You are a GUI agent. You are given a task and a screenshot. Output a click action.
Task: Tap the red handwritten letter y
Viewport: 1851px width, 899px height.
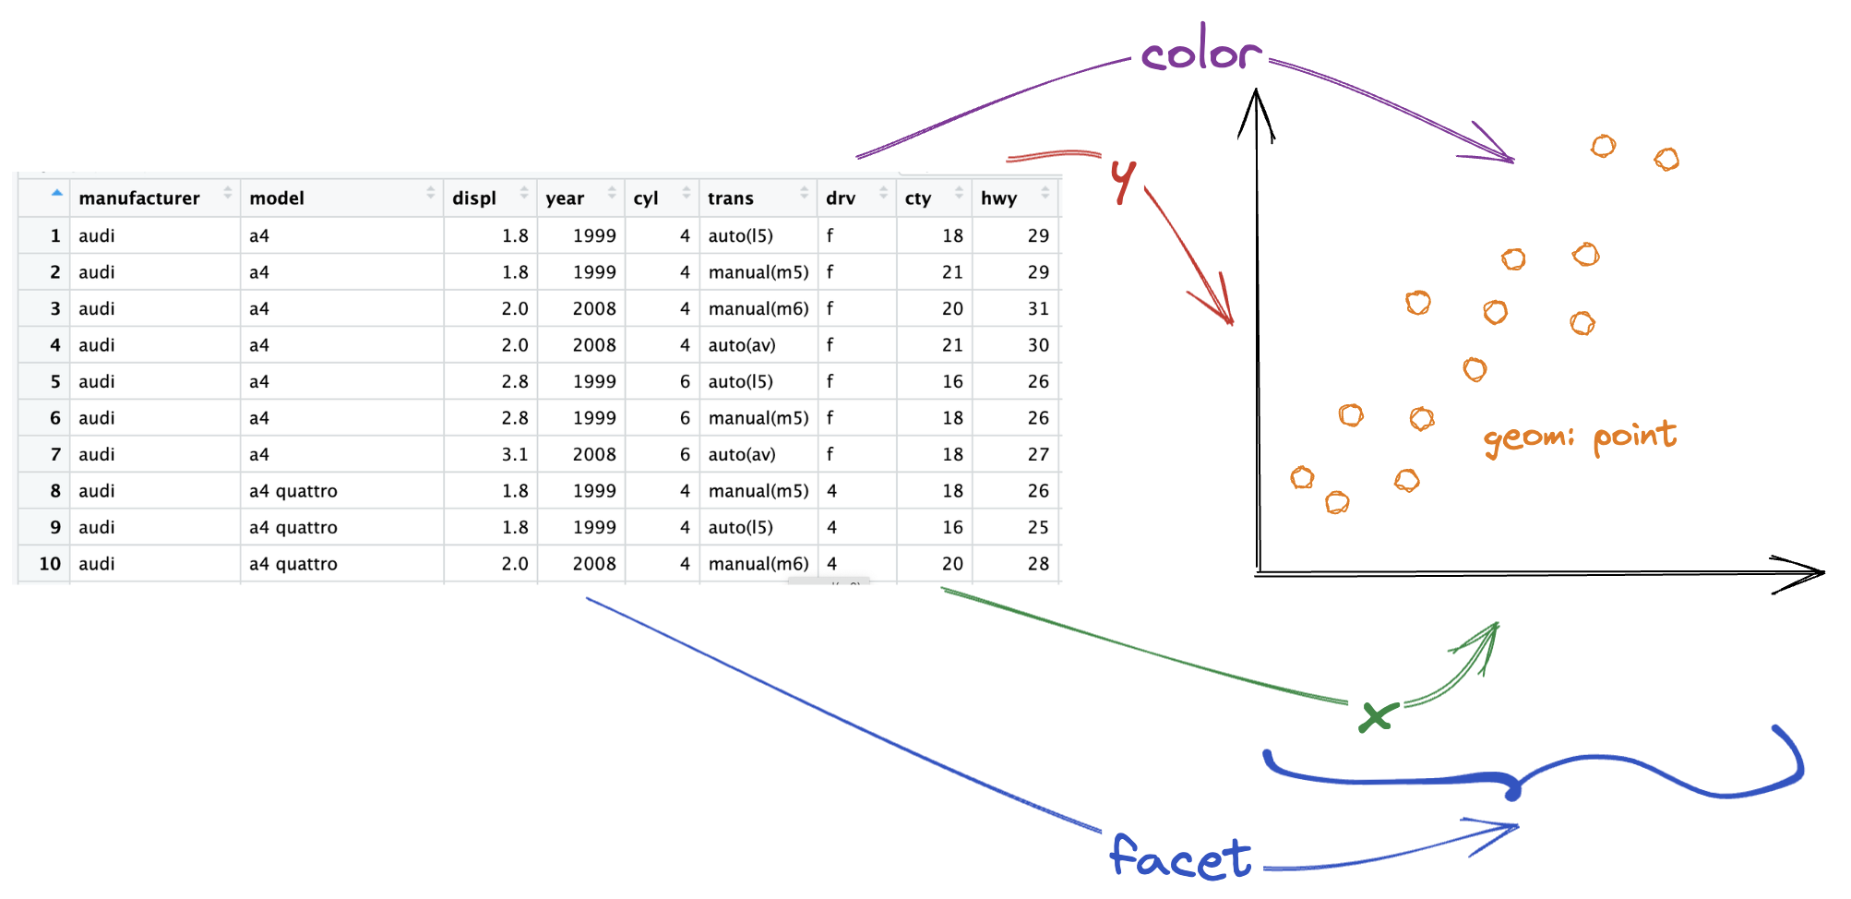click(1123, 179)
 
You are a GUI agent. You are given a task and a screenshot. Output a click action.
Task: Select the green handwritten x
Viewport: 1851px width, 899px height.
click(1376, 716)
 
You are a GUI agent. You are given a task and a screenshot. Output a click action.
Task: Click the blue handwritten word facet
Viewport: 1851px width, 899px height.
click(1180, 857)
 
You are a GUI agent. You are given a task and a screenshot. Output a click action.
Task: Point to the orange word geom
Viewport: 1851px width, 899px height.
click(1527, 438)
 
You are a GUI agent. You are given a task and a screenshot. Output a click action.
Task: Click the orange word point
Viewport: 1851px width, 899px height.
click(1634, 435)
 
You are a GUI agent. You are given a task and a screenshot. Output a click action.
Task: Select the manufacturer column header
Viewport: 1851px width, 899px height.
click(139, 198)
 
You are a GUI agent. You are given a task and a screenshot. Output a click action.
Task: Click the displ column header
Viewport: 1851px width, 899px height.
click(474, 198)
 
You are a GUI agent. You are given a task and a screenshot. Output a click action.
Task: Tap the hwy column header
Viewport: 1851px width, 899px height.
click(998, 198)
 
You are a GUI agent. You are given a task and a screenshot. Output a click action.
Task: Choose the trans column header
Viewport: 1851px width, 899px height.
click(731, 198)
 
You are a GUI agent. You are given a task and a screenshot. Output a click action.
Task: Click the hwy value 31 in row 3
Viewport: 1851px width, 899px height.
click(1038, 308)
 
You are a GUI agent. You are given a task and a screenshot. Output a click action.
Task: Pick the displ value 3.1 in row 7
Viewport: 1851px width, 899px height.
click(515, 454)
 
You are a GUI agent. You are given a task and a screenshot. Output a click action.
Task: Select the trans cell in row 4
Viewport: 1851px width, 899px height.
click(742, 345)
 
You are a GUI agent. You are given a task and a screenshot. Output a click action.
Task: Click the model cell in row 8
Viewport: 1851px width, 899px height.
click(293, 491)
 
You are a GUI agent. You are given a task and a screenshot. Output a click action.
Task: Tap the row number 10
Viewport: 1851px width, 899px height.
click(50, 564)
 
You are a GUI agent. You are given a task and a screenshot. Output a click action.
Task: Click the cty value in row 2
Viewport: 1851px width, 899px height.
click(952, 272)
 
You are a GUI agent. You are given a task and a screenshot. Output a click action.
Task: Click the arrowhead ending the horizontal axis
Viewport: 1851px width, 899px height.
click(1805, 573)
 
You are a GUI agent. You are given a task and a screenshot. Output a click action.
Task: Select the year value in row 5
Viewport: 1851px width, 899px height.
click(594, 381)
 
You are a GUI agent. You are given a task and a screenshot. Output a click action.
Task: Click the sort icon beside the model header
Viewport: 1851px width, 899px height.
click(430, 193)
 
